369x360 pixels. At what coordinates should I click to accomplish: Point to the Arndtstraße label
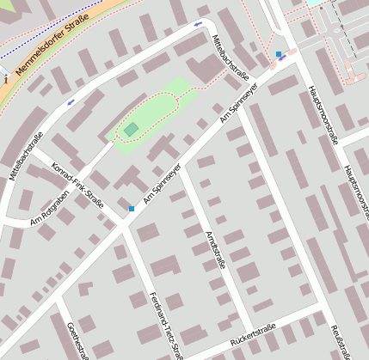pyautogui.click(x=215, y=250)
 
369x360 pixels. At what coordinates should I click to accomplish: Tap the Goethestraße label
pyautogui.click(x=77, y=340)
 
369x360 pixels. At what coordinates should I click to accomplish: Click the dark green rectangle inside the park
pyautogui.click(x=131, y=129)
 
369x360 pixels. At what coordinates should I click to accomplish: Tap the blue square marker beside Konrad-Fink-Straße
pyautogui.click(x=132, y=208)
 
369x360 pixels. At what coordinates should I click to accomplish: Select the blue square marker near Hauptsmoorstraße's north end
pyautogui.click(x=279, y=54)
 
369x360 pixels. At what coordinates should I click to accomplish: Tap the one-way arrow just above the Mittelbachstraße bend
pyautogui.click(x=199, y=23)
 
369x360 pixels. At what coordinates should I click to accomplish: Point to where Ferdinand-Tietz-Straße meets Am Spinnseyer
pyautogui.click(x=126, y=230)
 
